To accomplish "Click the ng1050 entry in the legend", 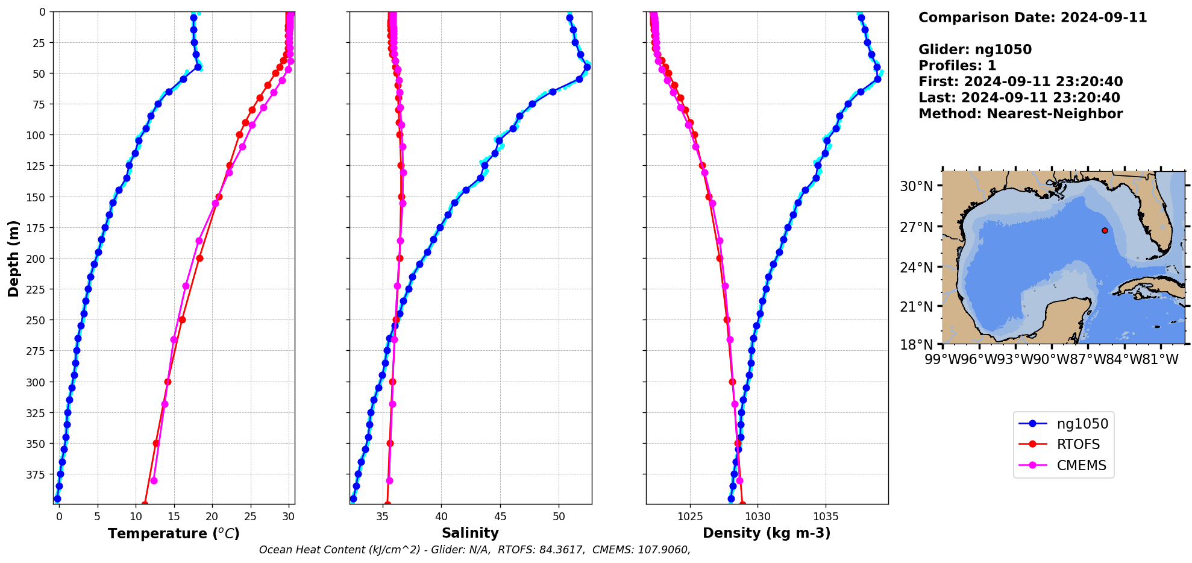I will (x=1082, y=424).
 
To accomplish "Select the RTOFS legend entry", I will (x=1078, y=445).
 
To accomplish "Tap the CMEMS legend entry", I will (x=1081, y=465).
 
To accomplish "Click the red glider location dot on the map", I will (x=1105, y=230).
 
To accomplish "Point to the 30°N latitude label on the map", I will (x=916, y=186).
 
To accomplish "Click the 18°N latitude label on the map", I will (x=916, y=345).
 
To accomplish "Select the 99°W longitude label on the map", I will (x=942, y=360).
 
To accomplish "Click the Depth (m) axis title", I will (x=13, y=258).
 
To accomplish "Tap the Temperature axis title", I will (x=174, y=533).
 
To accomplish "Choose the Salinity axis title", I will (x=470, y=533).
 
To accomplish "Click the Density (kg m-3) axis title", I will (x=767, y=533).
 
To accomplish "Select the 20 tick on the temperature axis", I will (x=212, y=517).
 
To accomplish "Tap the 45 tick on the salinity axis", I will (x=500, y=517).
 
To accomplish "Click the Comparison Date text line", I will (x=1032, y=17).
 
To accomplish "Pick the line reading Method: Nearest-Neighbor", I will (x=1020, y=114).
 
